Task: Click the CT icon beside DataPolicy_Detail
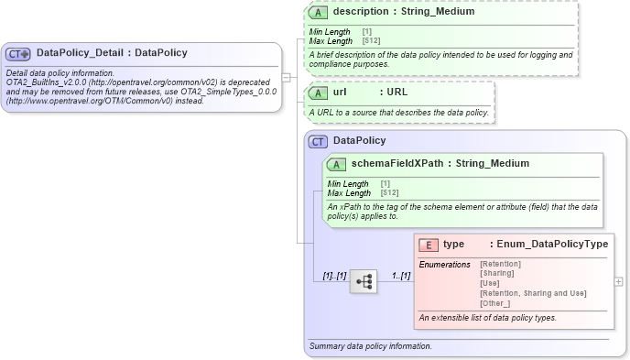point(19,53)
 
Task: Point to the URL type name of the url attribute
point(396,93)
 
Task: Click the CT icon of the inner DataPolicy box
point(318,141)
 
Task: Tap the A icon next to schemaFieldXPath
point(335,164)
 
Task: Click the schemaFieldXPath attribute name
point(397,164)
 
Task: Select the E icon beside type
point(428,245)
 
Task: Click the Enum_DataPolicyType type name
point(549,245)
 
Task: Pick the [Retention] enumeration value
point(500,264)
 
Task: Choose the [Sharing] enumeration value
point(497,273)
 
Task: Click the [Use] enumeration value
point(490,283)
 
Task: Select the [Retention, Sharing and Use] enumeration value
point(533,293)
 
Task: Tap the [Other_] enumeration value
point(495,303)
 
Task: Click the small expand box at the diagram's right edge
point(618,281)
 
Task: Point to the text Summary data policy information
point(371,346)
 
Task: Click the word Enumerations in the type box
point(444,264)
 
